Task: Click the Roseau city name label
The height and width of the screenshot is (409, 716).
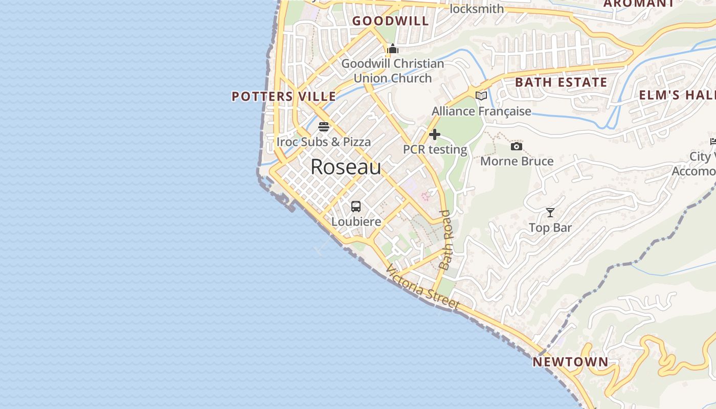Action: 346,167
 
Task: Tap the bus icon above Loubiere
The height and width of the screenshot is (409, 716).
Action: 356,207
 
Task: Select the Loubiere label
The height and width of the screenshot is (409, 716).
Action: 356,221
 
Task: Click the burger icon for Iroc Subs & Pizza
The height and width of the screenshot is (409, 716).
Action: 324,127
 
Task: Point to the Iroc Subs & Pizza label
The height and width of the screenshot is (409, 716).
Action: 324,142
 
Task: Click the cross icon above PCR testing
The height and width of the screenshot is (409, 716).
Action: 435,134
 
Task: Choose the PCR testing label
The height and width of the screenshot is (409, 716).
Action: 435,149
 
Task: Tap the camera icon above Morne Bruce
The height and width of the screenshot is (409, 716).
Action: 517,147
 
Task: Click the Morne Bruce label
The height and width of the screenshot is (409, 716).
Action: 517,161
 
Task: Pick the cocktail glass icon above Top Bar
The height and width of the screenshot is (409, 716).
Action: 550,213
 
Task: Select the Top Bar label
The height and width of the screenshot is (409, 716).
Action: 550,228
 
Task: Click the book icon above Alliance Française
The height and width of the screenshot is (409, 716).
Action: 481,96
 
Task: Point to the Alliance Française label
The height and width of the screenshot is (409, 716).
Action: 481,111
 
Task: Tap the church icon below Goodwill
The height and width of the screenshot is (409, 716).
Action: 393,49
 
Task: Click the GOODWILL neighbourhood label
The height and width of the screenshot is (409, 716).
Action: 390,21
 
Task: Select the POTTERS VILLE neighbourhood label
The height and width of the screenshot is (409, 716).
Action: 284,96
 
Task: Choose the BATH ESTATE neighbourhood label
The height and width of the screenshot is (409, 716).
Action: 561,82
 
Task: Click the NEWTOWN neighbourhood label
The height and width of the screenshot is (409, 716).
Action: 571,362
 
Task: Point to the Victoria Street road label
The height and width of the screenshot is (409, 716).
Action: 422,287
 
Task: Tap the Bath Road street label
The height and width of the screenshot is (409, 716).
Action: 446,240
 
